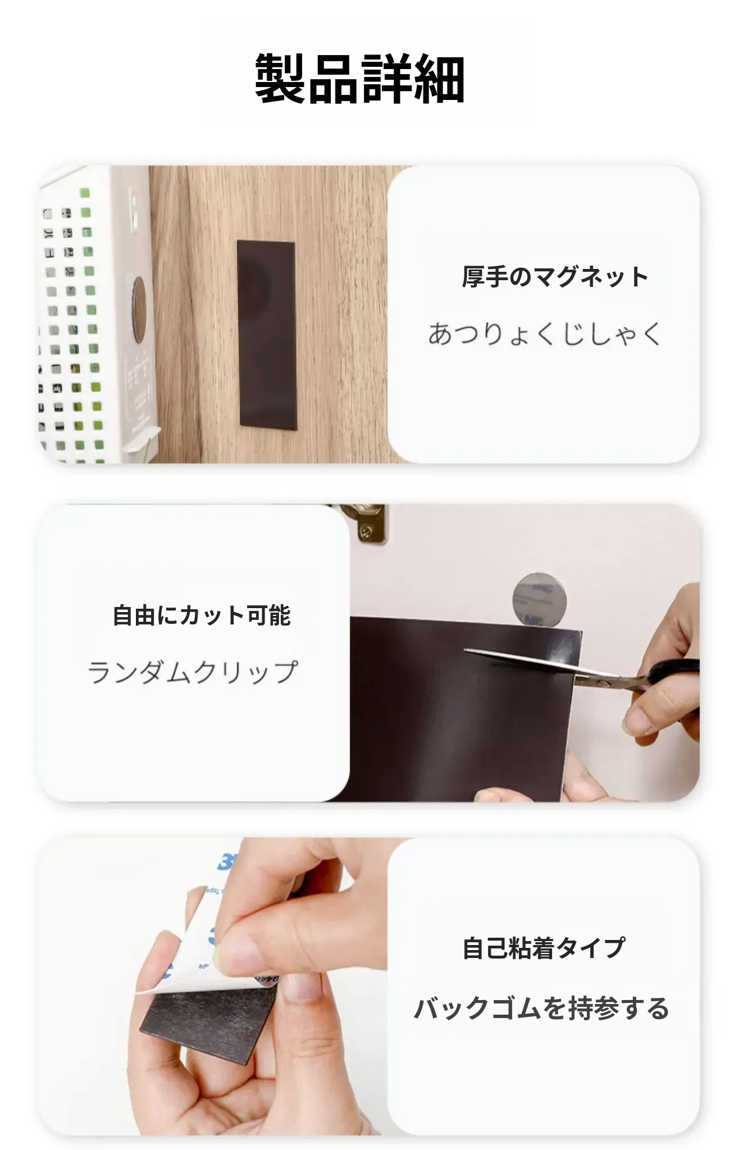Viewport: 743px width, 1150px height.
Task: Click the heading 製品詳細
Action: (x=359, y=78)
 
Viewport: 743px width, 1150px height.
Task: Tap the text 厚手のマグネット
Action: (x=555, y=277)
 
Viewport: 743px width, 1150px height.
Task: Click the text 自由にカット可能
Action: (x=202, y=615)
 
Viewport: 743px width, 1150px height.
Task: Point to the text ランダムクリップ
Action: (x=193, y=672)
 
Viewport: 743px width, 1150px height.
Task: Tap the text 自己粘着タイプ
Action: (x=544, y=948)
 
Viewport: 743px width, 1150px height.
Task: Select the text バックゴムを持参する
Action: (x=541, y=1008)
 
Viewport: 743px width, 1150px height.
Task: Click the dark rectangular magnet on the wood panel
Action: (x=267, y=335)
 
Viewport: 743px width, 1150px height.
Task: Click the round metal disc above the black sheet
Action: (x=539, y=600)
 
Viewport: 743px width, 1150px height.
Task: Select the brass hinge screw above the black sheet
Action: (x=366, y=530)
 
